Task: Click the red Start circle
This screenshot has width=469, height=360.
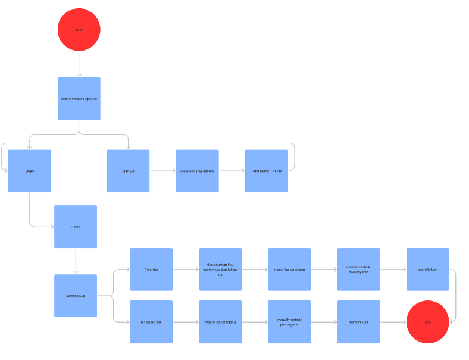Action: [79, 29]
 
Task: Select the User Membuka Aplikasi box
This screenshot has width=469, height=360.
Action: [79, 98]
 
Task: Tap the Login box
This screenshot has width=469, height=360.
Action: [29, 171]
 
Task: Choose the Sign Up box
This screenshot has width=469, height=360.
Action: [128, 171]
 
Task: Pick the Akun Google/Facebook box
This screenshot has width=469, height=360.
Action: [197, 171]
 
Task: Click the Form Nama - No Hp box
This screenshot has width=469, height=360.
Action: [266, 171]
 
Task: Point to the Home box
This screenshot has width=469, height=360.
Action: [76, 227]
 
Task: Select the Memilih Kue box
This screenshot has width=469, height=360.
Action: [76, 296]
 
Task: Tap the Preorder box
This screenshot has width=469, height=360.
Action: [151, 270]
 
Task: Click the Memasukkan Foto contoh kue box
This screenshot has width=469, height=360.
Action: [220, 270]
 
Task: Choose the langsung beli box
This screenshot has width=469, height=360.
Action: [151, 322]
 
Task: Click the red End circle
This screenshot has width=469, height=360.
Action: [427, 322]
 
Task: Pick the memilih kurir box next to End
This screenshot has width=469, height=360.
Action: [358, 322]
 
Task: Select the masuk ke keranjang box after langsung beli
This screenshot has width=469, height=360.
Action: [220, 322]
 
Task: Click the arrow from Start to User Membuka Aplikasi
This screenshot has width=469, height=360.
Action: [79, 64]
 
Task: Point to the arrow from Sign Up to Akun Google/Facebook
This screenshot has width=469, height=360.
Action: [162, 171]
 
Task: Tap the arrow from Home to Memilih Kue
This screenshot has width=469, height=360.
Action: [76, 261]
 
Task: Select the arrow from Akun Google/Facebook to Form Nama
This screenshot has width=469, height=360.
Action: [232, 171]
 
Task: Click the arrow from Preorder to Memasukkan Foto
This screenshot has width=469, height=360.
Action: [186, 270]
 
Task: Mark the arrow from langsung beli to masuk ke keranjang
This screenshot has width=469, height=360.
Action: [186, 322]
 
